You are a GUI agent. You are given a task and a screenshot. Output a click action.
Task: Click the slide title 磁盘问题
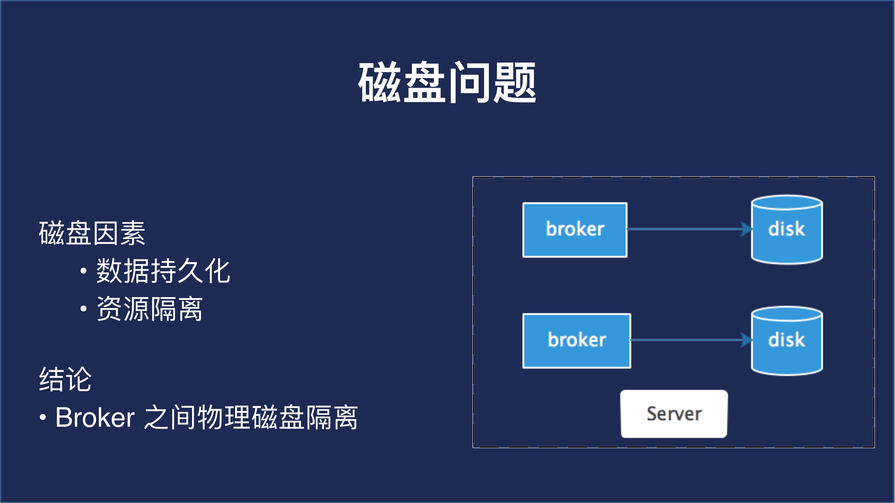tap(447, 82)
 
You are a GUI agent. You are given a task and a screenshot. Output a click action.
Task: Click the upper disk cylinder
tap(787, 230)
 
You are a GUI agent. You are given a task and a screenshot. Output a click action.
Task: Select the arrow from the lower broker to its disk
tap(686, 340)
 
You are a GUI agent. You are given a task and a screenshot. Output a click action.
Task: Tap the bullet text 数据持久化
tap(163, 271)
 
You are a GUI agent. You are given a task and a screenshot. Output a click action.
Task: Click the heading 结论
tap(65, 379)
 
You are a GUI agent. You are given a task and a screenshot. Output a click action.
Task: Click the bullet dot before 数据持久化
tap(83, 271)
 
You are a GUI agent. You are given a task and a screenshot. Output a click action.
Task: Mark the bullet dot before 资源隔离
tap(83, 308)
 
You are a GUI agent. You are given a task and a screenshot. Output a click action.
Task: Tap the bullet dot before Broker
tap(43, 417)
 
